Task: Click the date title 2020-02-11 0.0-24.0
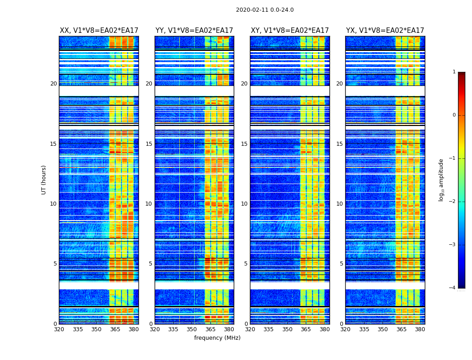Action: click(265, 10)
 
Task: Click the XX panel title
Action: click(99, 31)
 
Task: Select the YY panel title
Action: click(194, 31)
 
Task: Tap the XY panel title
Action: click(289, 31)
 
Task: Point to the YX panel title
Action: click(385, 31)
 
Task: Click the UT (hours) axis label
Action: click(44, 180)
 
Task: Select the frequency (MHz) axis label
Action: click(217, 338)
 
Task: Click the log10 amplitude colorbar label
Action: click(441, 180)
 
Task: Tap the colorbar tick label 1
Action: click(454, 72)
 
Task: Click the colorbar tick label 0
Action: click(454, 115)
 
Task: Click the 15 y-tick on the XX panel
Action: click(53, 144)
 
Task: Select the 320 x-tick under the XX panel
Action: click(59, 329)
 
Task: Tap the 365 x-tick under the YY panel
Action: click(210, 329)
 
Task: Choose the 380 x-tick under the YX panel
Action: click(420, 329)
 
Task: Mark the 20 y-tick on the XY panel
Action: click(244, 84)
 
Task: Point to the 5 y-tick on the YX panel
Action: click(341, 264)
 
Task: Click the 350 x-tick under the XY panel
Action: click(287, 329)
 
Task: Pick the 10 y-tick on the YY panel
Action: click(149, 204)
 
